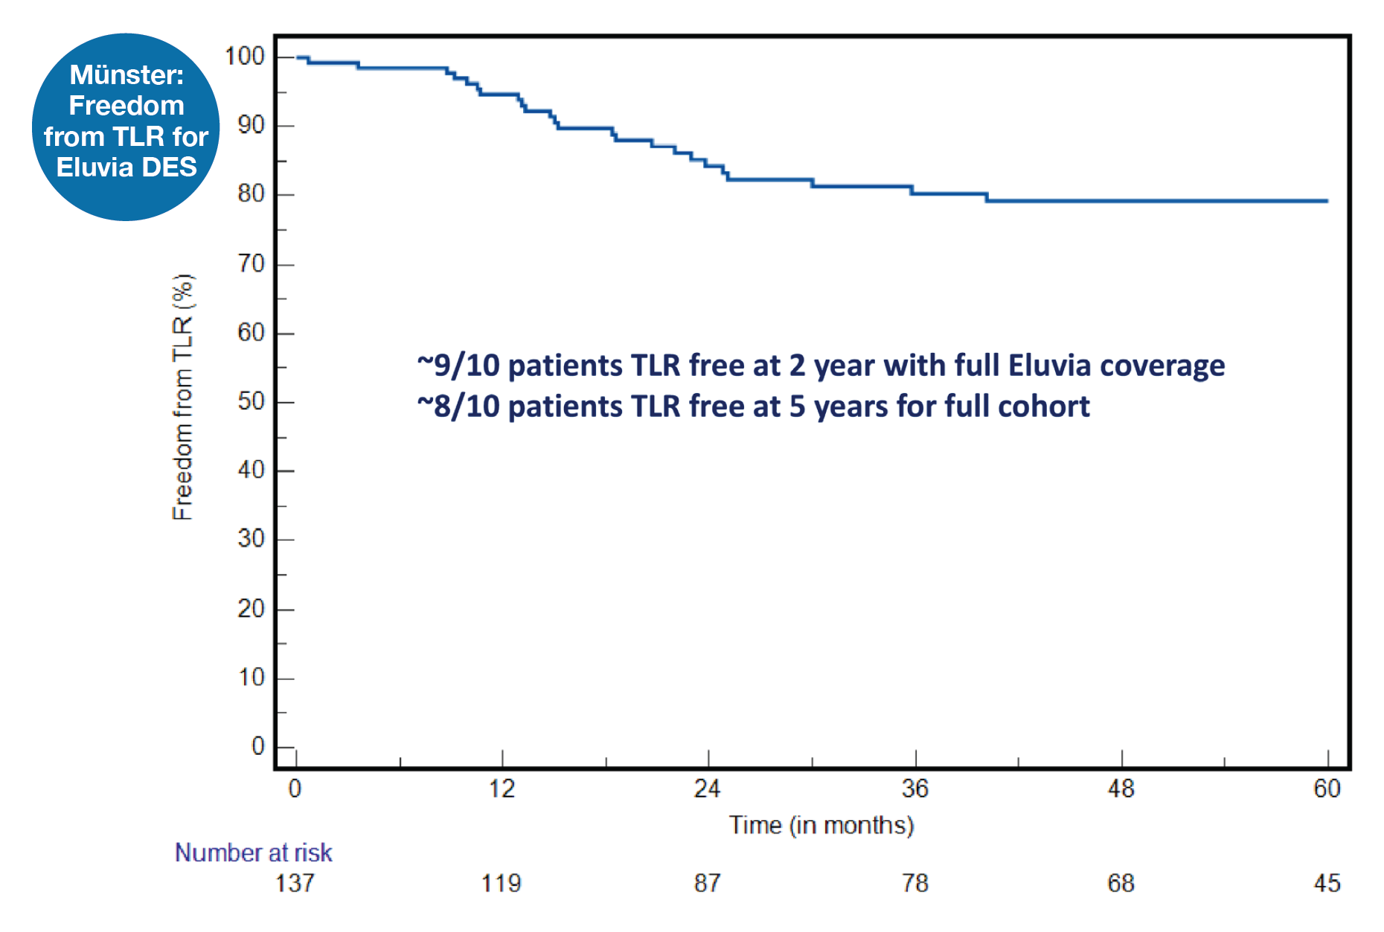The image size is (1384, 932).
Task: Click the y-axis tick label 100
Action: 245,56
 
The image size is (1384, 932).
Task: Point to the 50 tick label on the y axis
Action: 251,401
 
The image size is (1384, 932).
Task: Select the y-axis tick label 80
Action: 251,194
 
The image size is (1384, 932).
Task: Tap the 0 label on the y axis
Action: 258,746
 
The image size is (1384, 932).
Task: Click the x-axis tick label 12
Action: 502,788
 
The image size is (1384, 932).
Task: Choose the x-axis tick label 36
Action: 914,788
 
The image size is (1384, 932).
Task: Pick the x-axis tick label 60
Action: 1327,788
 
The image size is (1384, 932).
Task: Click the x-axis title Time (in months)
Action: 821,826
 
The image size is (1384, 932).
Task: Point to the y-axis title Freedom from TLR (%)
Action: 182,397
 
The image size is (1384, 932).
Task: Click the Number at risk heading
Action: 253,852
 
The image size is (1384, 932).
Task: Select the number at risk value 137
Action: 295,884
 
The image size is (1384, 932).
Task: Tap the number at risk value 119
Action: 501,884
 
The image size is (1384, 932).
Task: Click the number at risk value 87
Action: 707,884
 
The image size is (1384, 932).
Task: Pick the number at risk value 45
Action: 1327,884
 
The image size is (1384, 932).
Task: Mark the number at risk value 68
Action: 1121,884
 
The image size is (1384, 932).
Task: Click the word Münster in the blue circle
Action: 126,74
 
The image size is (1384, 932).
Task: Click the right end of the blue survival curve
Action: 1327,201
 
